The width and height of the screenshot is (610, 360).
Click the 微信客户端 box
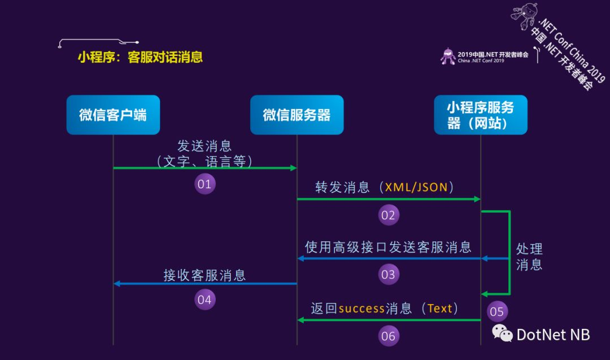[x=113, y=115]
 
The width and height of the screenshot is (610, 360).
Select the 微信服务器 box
[x=297, y=115]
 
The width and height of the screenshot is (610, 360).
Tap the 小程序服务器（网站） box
[x=481, y=115]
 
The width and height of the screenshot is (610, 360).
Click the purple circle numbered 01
[x=204, y=184]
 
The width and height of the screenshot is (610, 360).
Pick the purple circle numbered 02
[x=389, y=215]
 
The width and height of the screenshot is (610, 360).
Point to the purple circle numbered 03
[x=389, y=274]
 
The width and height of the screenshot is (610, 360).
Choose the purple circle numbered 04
[x=204, y=300]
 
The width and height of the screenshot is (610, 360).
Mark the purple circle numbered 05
[x=497, y=311]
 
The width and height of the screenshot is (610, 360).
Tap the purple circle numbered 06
[x=389, y=336]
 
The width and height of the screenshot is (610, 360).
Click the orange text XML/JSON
[x=416, y=187]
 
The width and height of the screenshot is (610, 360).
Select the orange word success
[x=362, y=309]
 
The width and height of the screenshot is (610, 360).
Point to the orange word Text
[x=440, y=308]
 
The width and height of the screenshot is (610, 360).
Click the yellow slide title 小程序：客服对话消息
[x=140, y=57]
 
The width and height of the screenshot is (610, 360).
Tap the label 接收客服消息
[x=204, y=275]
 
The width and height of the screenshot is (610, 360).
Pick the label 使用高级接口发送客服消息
[x=388, y=247]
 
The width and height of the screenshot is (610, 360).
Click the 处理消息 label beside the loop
[x=529, y=257]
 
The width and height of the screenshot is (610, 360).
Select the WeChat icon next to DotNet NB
[x=502, y=333]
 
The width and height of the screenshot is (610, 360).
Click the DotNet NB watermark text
[x=553, y=335]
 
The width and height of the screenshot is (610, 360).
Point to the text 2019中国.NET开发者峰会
[x=493, y=54]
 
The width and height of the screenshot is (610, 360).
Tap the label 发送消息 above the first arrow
[x=204, y=146]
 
